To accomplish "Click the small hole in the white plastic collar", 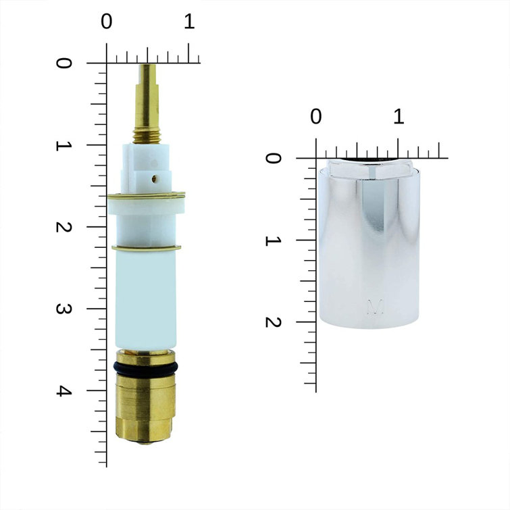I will [155, 180].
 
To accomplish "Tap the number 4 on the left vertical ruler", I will [64, 391].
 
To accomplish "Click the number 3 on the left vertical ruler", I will [64, 309].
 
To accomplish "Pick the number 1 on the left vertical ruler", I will [64, 145].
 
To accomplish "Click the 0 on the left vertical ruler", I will [64, 63].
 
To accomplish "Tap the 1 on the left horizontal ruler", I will [189, 22].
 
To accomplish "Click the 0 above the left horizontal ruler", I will [107, 22].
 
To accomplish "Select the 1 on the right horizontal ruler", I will [399, 116].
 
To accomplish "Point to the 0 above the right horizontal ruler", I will [315, 116].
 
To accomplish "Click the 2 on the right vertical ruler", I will [273, 322].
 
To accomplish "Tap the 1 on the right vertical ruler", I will [273, 240].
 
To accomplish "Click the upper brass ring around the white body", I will [145, 196].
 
